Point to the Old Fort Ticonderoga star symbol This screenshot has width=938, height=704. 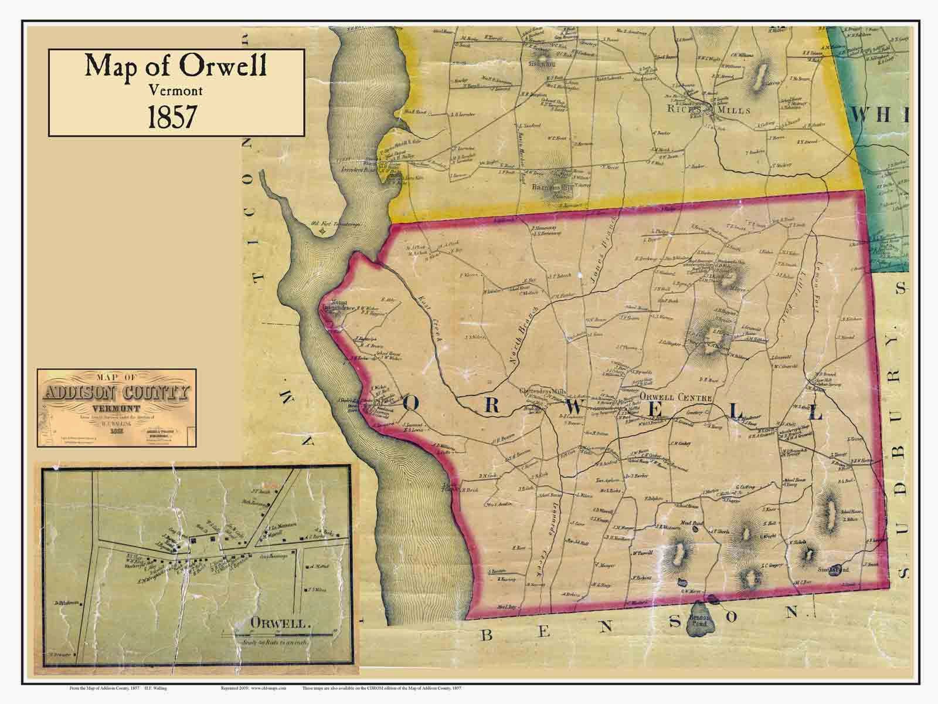[321, 231]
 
